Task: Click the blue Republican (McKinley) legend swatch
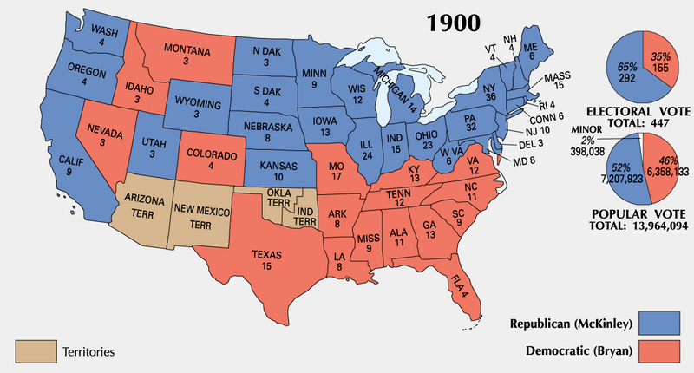pyautogui.click(x=660, y=324)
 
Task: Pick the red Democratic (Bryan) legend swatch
pyautogui.click(x=660, y=351)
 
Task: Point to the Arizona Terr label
pyautogui.click(x=143, y=205)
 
